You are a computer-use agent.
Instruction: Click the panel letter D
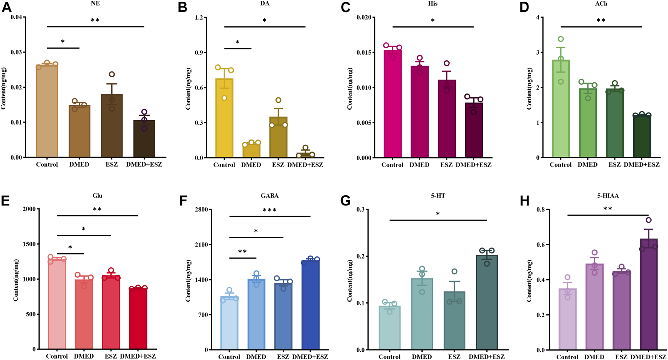point(524,8)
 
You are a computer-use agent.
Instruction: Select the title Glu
point(97,196)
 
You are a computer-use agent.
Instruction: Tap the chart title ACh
point(601,4)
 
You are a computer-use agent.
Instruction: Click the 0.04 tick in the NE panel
point(16,17)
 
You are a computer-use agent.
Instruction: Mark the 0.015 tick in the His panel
point(364,52)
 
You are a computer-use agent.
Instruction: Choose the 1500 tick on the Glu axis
point(29,244)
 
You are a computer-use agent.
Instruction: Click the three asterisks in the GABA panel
point(270,210)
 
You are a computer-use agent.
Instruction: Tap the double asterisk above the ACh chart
point(601,21)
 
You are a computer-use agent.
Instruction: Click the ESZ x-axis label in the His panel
point(446,165)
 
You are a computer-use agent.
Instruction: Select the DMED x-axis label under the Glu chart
point(84,356)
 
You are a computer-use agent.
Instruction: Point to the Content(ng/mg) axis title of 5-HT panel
point(349,281)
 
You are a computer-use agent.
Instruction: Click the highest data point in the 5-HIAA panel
point(648,220)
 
